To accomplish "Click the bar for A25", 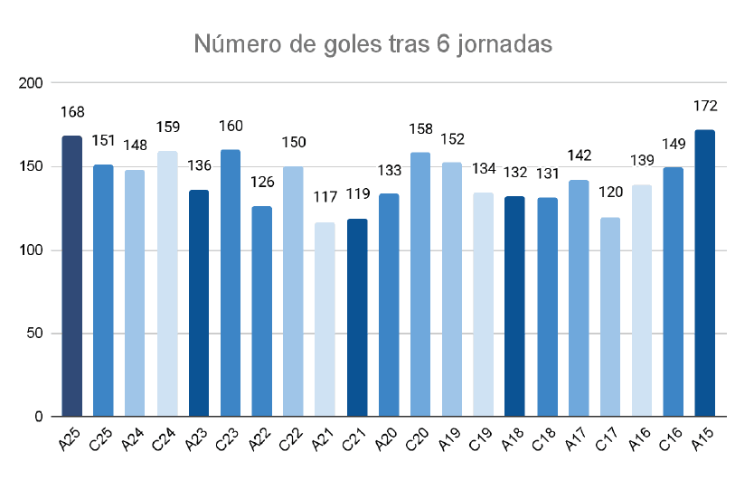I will (71, 276).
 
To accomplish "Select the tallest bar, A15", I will (704, 273).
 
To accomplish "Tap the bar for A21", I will (325, 319).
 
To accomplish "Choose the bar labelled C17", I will (609, 316).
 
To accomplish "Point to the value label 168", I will (71, 113).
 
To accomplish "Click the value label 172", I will (704, 106).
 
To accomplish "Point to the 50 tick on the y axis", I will (35, 334).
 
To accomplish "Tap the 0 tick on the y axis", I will (39, 417).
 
